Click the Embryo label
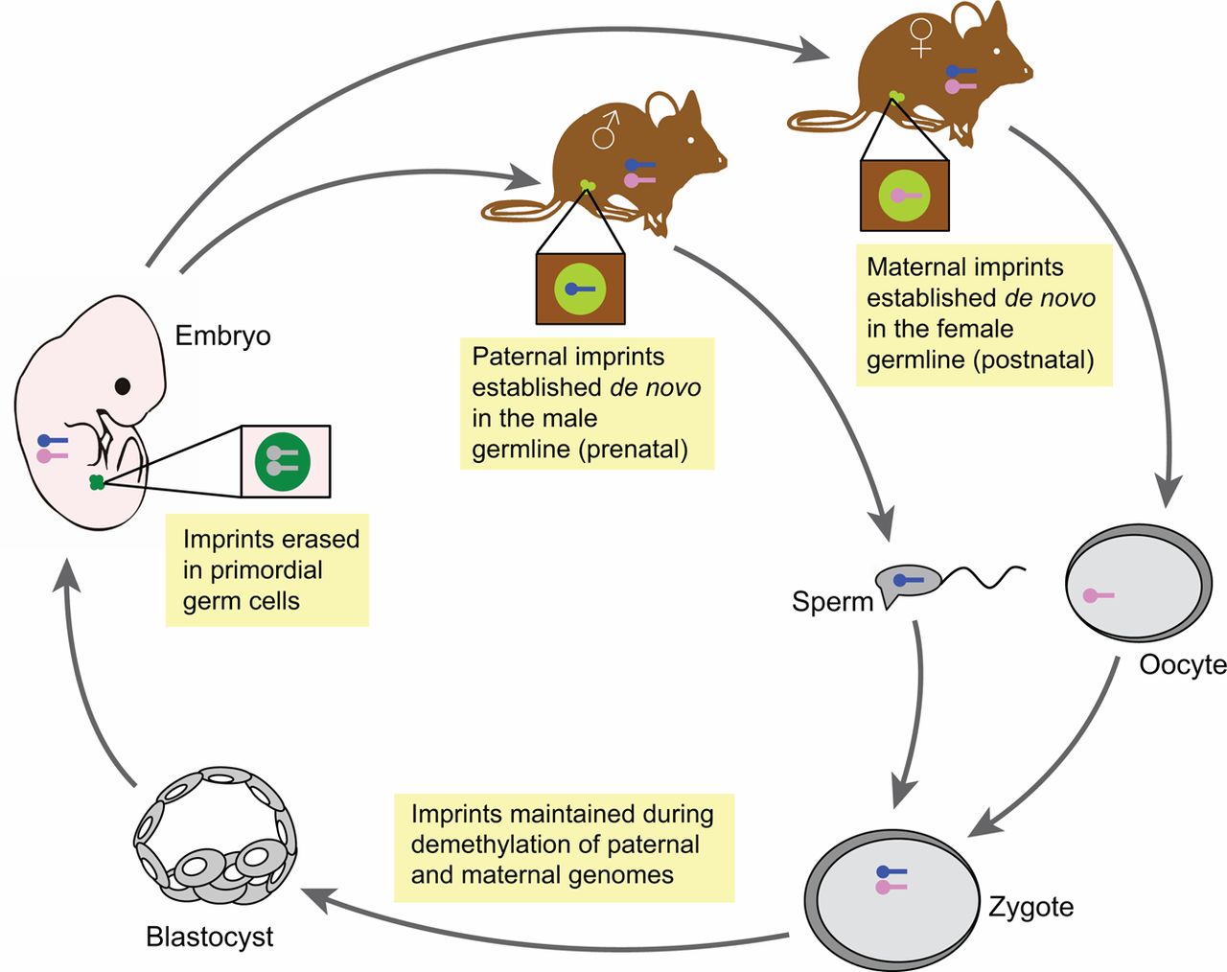[222, 336]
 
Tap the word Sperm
[832, 602]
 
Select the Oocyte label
[1182, 665]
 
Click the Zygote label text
[1031, 907]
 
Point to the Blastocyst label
[209, 937]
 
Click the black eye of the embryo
[123, 386]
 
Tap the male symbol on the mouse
[605, 129]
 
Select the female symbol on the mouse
[920, 37]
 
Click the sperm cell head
[907, 581]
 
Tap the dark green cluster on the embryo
[96, 482]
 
